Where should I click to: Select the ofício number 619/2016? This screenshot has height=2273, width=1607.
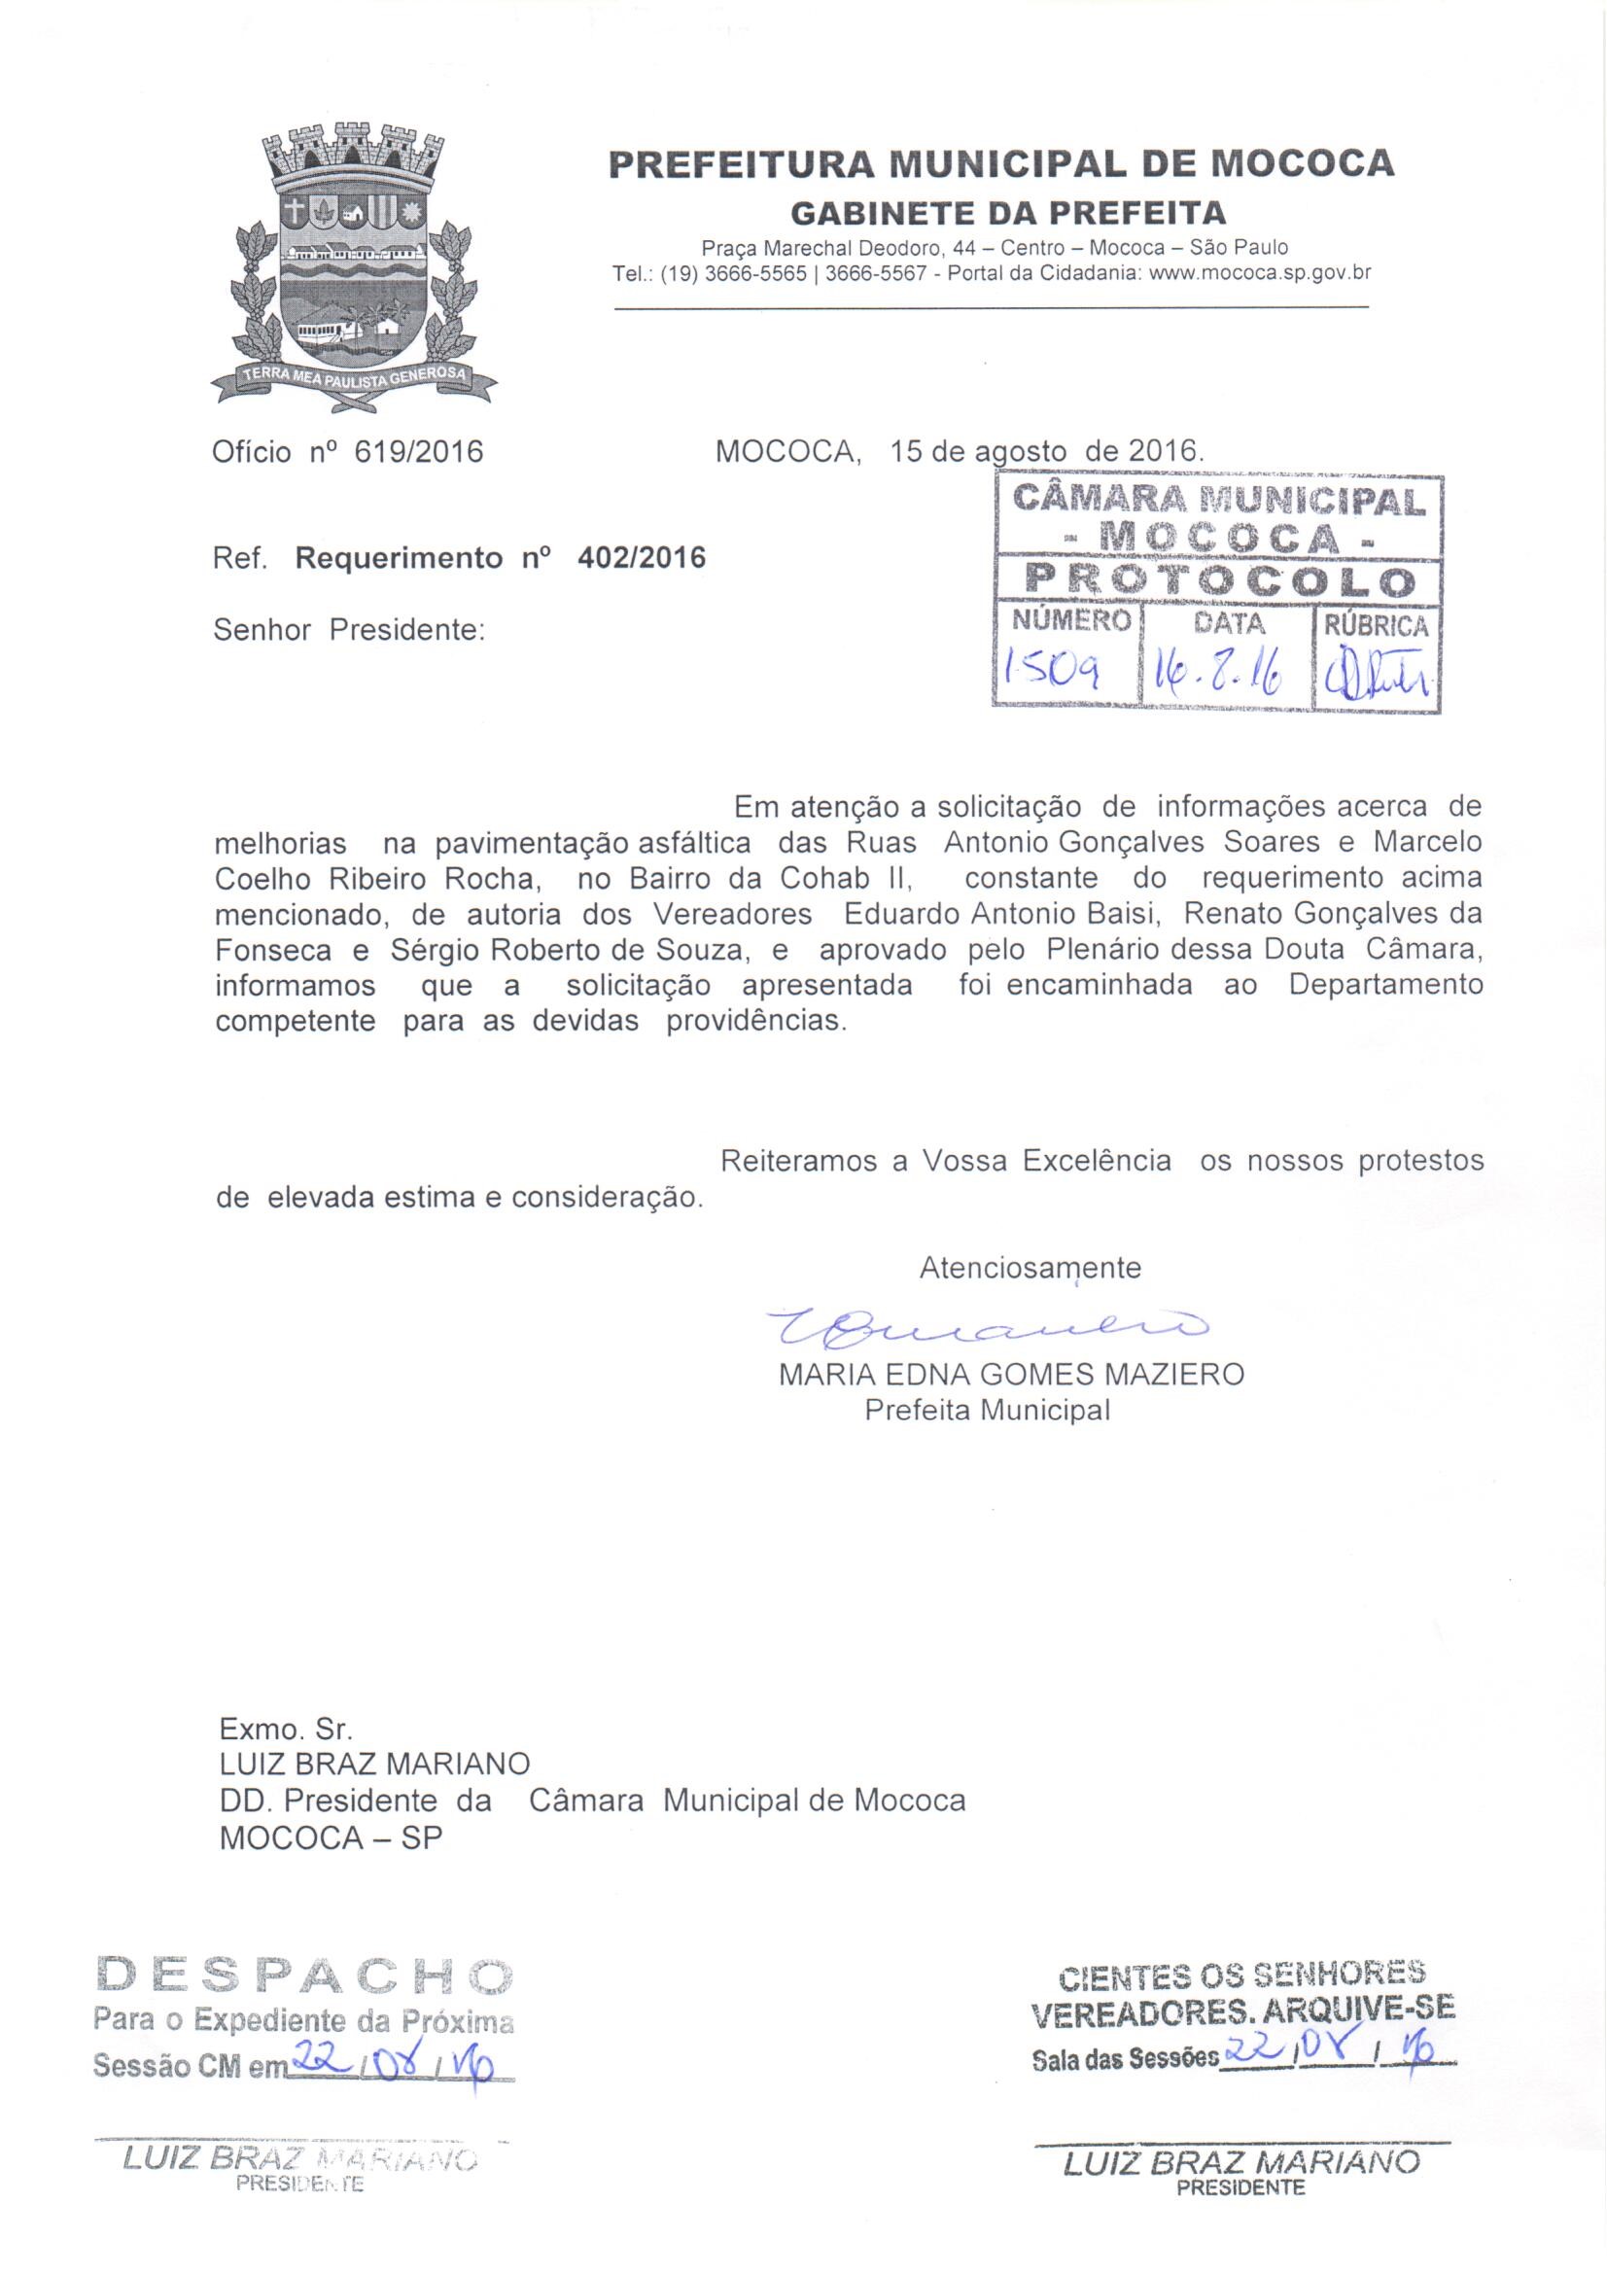(x=419, y=452)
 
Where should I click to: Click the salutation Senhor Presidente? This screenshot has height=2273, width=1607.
(x=349, y=630)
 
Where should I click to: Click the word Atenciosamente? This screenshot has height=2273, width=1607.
(x=1030, y=1268)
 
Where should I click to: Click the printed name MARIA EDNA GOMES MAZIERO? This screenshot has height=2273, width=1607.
(x=1011, y=1375)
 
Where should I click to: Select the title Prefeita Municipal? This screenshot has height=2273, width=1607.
(x=987, y=1410)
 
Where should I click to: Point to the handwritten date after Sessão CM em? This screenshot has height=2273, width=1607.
(x=397, y=2034)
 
